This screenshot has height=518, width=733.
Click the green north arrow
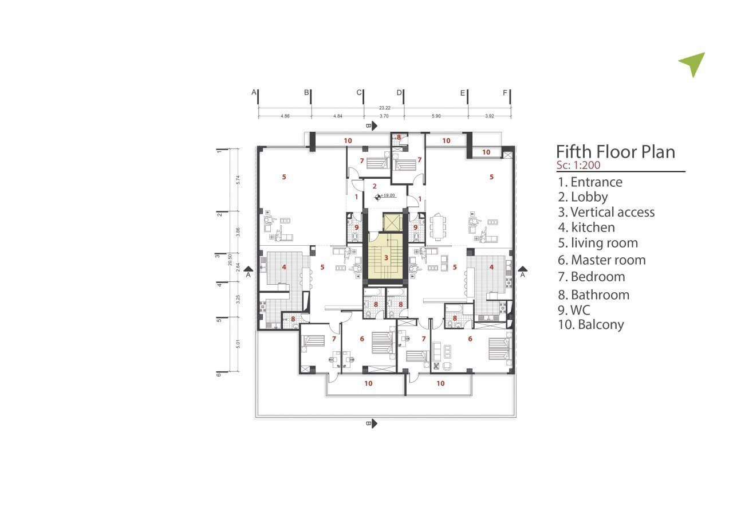pos(693,64)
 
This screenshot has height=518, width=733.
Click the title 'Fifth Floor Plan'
pos(616,152)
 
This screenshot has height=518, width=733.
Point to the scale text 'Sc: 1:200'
pos(578,164)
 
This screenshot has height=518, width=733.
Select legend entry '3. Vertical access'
pos(606,212)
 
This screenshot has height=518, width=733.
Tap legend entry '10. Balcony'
pos(590,324)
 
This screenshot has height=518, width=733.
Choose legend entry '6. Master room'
pos(601,260)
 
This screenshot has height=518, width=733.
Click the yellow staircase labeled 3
pos(385,256)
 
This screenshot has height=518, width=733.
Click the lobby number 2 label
pos(375,186)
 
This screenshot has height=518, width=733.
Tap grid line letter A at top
pos(254,92)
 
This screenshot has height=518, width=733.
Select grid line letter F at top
pos(505,93)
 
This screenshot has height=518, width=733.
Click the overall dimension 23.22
pos(384,108)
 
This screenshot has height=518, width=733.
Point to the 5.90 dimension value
pos(436,116)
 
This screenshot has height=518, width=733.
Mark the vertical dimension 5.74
pos(238,180)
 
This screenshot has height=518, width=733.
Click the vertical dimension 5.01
pos(238,344)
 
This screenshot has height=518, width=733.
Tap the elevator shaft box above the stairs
pos(392,222)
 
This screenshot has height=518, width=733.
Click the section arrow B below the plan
pos(372,423)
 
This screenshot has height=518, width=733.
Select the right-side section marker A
pos(522,272)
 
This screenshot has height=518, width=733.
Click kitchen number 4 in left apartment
pos(284,267)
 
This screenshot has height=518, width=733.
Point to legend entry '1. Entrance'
pos(590,182)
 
